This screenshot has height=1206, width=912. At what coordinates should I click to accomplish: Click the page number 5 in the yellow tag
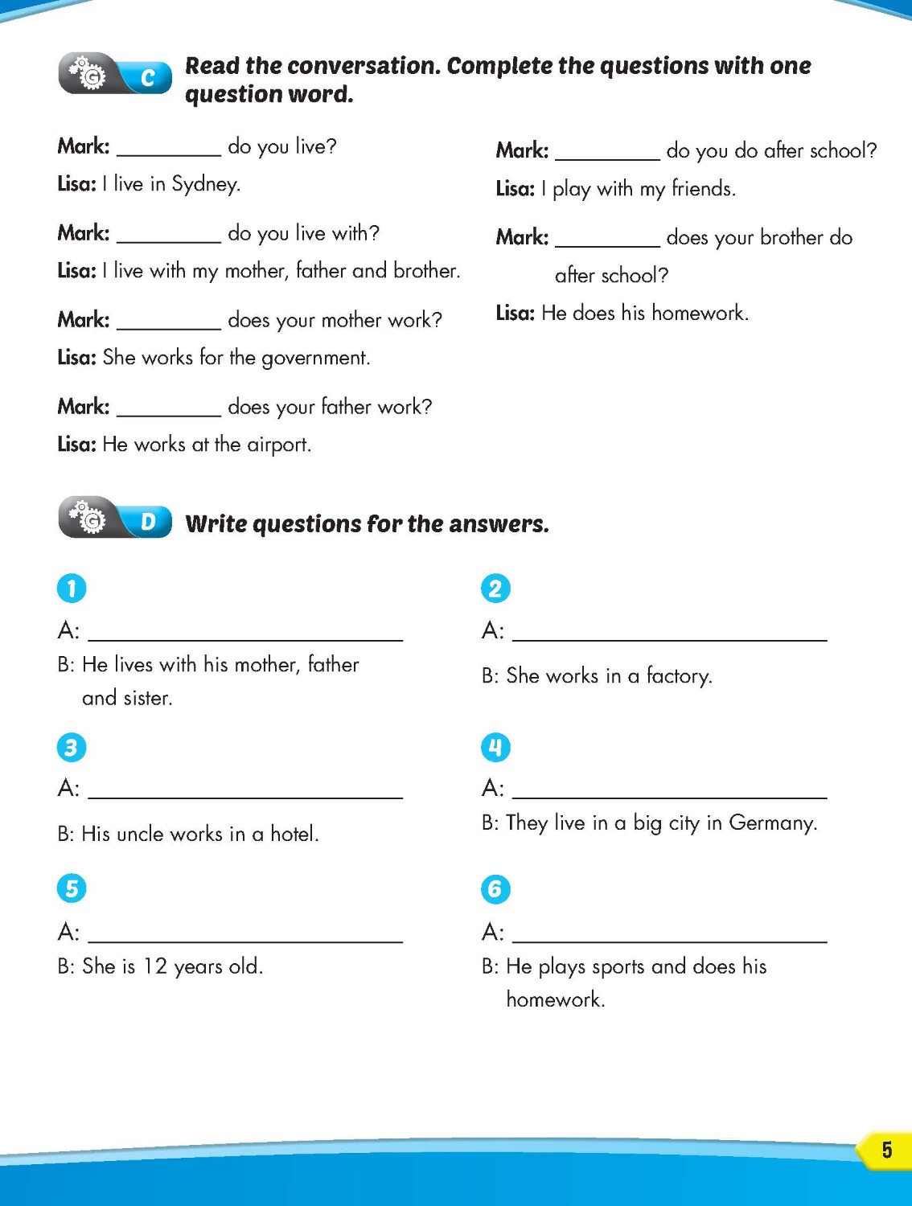click(x=886, y=1150)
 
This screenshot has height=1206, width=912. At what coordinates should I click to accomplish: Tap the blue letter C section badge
click(x=147, y=77)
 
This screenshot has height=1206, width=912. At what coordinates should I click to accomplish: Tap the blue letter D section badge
click(x=148, y=522)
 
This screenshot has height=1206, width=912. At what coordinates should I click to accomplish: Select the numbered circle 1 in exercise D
click(x=72, y=589)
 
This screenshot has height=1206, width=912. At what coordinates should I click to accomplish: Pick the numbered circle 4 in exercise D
click(x=495, y=748)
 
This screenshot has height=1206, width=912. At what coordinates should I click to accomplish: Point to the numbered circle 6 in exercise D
click(x=495, y=889)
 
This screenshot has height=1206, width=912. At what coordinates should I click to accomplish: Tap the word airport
click(x=278, y=445)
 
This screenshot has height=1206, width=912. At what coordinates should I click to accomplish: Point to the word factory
click(x=679, y=676)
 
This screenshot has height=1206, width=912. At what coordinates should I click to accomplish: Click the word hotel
click(x=294, y=834)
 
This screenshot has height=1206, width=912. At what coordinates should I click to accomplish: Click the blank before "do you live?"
click(x=169, y=150)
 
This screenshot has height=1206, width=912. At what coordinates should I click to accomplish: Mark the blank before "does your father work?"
click(x=169, y=410)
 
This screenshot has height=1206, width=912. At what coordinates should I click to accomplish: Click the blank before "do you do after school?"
click(x=607, y=154)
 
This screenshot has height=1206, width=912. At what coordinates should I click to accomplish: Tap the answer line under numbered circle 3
click(x=245, y=791)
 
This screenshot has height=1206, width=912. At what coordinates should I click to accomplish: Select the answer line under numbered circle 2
click(x=669, y=634)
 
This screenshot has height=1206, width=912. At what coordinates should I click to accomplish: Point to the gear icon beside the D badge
click(x=88, y=519)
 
